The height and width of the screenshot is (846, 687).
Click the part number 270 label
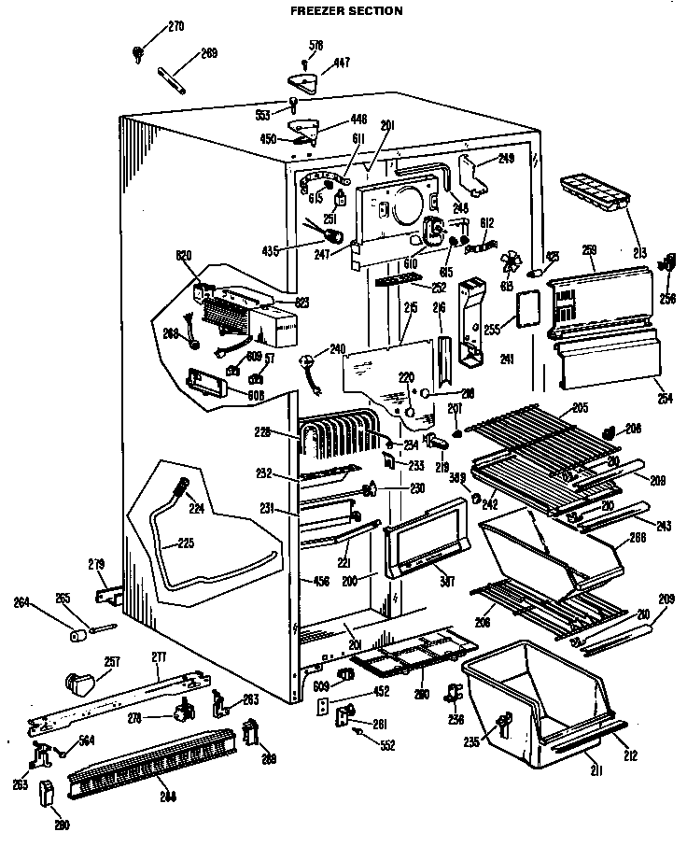tap(175, 27)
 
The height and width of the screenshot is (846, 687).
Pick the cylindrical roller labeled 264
tap(78, 635)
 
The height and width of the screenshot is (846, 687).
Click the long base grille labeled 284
tap(147, 768)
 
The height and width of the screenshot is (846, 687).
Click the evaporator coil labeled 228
tap(334, 441)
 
